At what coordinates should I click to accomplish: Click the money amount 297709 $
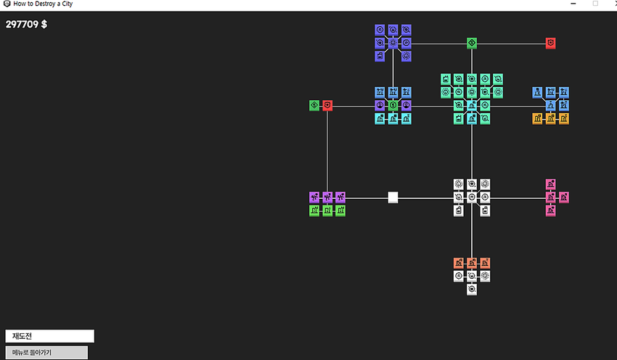(26, 25)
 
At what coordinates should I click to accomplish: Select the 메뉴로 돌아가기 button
(46, 353)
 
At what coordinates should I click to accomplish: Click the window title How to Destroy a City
(43, 4)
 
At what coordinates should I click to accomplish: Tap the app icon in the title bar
(7, 4)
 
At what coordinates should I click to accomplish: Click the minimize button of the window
(573, 4)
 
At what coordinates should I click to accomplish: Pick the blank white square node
(393, 197)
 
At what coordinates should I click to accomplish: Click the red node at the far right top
(550, 43)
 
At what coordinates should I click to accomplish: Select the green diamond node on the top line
(472, 43)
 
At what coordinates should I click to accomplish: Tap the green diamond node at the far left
(314, 105)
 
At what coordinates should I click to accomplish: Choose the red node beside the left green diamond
(327, 105)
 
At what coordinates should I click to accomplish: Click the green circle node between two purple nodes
(393, 105)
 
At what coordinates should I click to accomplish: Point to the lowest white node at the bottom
(472, 290)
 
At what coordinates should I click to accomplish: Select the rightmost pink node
(564, 197)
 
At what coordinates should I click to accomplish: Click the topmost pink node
(550, 184)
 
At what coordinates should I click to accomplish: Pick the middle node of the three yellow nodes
(550, 118)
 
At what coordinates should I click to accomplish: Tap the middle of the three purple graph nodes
(327, 197)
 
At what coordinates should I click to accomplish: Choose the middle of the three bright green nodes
(327, 210)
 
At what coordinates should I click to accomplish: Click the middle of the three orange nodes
(472, 263)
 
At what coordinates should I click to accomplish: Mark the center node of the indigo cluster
(393, 43)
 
